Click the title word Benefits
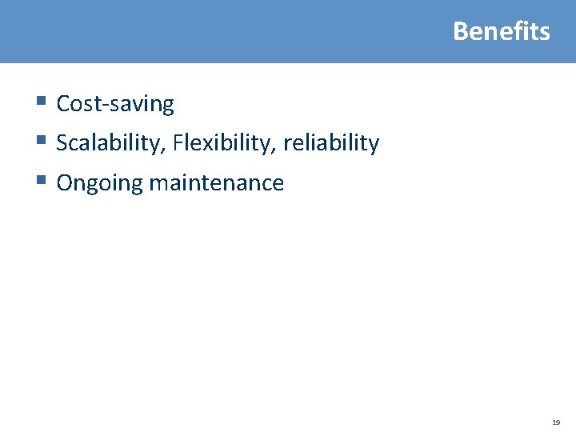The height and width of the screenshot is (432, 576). (x=502, y=31)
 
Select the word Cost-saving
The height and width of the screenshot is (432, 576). (x=115, y=104)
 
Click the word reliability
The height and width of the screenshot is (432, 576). (x=331, y=143)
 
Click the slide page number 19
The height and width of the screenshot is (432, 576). (x=555, y=421)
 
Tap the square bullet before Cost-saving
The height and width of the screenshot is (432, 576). (x=41, y=102)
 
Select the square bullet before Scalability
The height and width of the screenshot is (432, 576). (x=41, y=141)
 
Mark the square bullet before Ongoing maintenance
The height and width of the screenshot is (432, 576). (x=41, y=181)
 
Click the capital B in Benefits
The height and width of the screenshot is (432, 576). (x=460, y=31)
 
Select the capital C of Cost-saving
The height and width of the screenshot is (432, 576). (x=63, y=104)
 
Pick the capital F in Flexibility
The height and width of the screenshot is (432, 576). (x=178, y=143)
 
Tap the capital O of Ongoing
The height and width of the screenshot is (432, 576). (x=65, y=183)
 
